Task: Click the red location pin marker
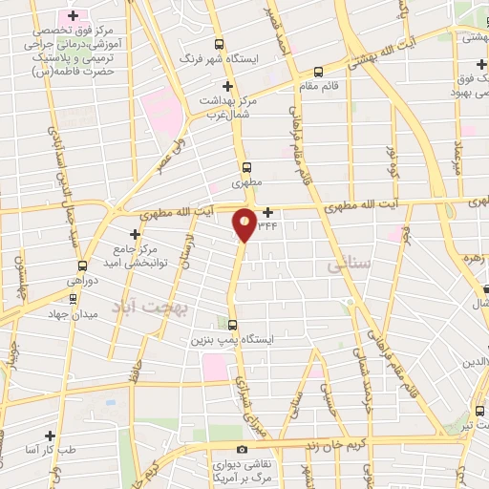(244, 224)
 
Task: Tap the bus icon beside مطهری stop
(247, 165)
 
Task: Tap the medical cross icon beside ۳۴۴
(267, 212)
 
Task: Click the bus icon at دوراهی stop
(83, 266)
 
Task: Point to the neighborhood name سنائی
(347, 263)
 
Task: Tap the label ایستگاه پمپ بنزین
(227, 338)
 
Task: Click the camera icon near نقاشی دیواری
(242, 449)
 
